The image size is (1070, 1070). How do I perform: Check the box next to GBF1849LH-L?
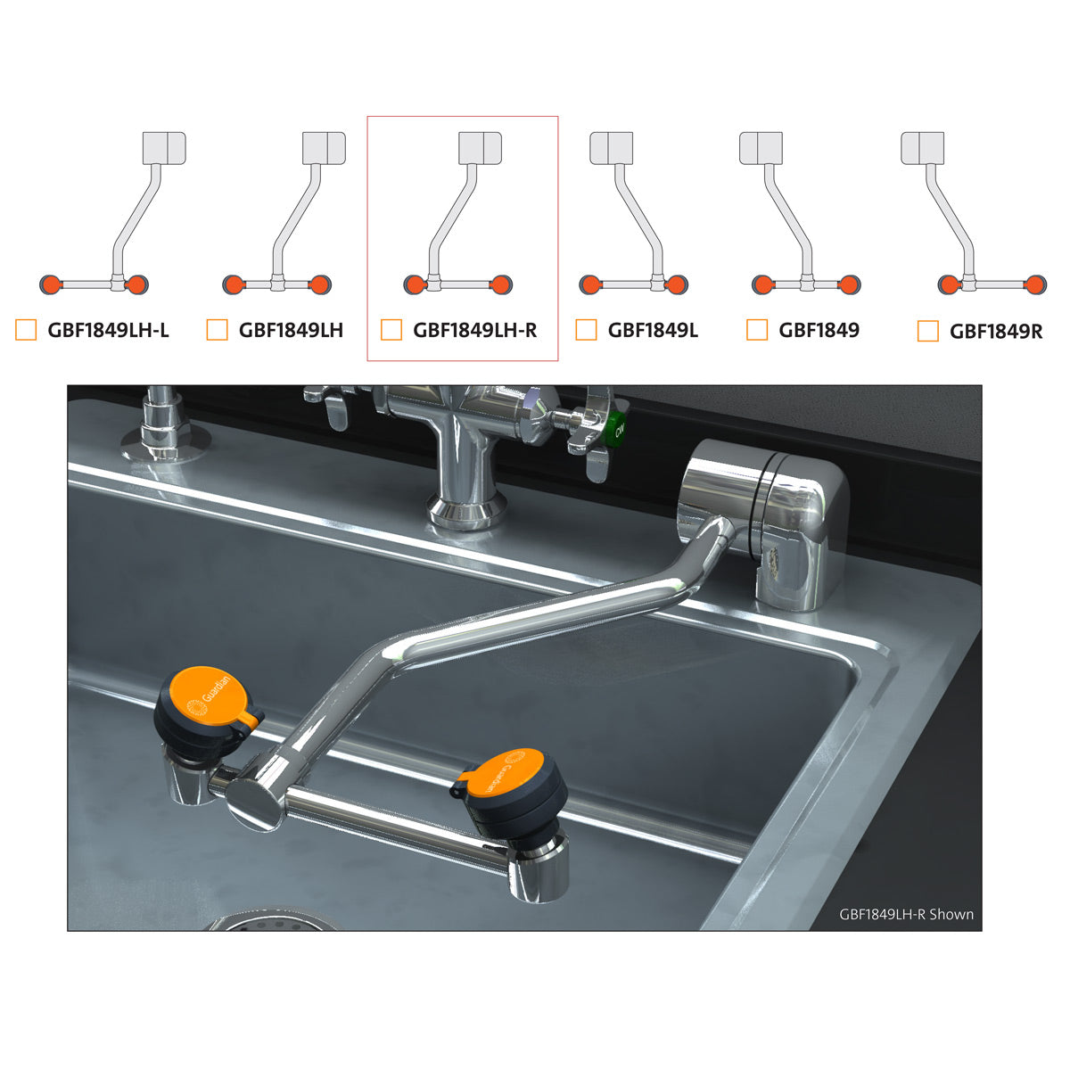26,330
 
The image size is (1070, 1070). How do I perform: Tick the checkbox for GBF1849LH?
217,330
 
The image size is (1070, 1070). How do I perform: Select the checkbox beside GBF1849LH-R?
391,330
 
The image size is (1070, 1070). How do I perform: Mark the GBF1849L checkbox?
587,330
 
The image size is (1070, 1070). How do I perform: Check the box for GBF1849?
757,330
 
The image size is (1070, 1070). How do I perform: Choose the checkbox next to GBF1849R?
928,331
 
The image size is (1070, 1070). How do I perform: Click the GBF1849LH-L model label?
108,331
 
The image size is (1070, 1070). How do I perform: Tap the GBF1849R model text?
996,332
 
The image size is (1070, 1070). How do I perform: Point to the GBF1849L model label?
653,331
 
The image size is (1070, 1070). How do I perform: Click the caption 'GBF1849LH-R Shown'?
906,914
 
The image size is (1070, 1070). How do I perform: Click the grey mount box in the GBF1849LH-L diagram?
164,148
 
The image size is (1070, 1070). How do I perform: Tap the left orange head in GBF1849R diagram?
949,284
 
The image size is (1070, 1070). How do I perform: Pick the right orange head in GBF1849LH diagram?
319,284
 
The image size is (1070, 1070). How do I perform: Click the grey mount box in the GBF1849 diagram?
761,148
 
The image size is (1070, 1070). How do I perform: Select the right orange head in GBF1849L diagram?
676,284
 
